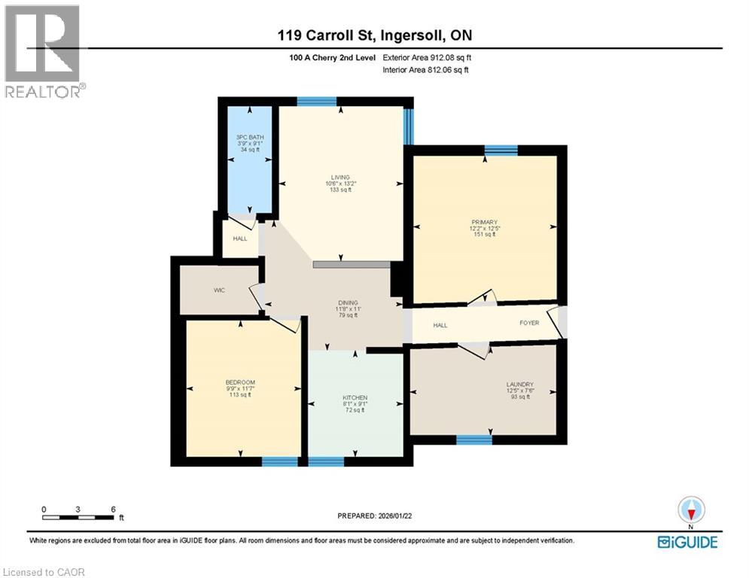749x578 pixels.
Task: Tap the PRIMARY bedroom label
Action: pyautogui.click(x=485, y=222)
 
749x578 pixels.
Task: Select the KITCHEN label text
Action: pyautogui.click(x=355, y=397)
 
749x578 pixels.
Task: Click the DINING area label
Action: pyautogui.click(x=348, y=303)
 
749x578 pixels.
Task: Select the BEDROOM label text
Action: pyautogui.click(x=240, y=382)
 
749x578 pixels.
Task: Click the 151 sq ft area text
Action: pyautogui.click(x=485, y=235)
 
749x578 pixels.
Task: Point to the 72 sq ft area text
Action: pyautogui.click(x=355, y=410)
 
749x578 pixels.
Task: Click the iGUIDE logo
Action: pyautogui.click(x=687, y=542)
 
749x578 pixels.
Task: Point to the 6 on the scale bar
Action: pyautogui.click(x=113, y=510)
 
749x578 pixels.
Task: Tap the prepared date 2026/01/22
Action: pyautogui.click(x=374, y=516)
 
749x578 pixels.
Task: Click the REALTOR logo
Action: pyautogui.click(x=43, y=51)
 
